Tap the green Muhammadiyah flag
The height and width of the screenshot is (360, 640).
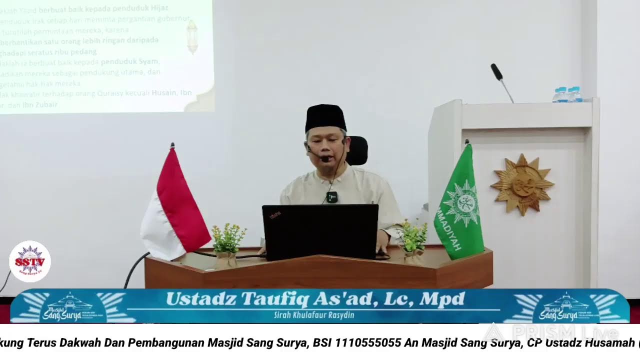tap(459, 205)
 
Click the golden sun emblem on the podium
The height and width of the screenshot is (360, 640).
tap(522, 184)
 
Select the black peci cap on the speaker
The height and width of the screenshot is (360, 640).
tap(325, 118)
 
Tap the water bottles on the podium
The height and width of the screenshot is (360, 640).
tap(568, 94)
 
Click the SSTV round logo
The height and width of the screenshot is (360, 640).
tap(30, 261)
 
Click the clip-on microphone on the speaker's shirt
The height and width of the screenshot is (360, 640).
tap(332, 197)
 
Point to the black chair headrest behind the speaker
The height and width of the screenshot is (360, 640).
tap(358, 150)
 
